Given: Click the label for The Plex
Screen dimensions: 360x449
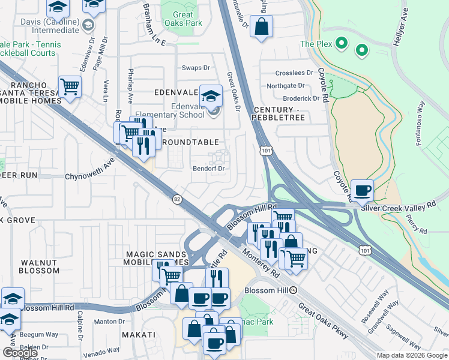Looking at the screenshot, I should pyautogui.click(x=315, y=44).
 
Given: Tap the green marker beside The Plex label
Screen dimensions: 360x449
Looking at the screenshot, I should pyautogui.click(x=342, y=43).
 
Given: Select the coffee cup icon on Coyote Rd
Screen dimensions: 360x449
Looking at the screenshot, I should pyautogui.click(x=362, y=190).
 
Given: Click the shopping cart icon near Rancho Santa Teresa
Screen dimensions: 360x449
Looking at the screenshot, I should pyautogui.click(x=70, y=86).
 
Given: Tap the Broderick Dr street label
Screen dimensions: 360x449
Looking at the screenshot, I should pyautogui.click(x=301, y=98).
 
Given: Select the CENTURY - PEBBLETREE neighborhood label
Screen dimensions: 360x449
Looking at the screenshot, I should pyautogui.click(x=280, y=114).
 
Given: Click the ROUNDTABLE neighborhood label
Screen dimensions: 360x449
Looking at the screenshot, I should pyautogui.click(x=191, y=142).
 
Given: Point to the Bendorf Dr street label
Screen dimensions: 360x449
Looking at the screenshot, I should pyautogui.click(x=208, y=169).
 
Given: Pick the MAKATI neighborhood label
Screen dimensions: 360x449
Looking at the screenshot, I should pyautogui.click(x=139, y=334).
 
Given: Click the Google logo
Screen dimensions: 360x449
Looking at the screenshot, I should pyautogui.click(x=20, y=353).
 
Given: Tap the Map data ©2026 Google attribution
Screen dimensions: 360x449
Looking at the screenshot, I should pyautogui.click(x=411, y=355).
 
